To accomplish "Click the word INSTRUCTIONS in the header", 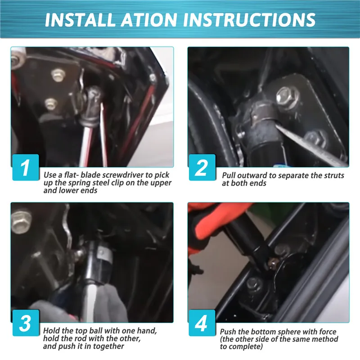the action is click(249, 19).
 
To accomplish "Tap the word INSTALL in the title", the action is click(80, 19).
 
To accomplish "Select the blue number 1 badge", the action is click(26, 167).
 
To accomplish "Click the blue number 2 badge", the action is click(202, 167).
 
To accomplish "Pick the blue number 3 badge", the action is click(26, 323).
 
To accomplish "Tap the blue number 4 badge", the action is click(202, 323).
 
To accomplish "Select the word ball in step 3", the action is click(97, 331).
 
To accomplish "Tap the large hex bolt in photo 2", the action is click(288, 96).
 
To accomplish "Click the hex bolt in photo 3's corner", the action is click(21, 221).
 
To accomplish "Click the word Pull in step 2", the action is click(229, 175).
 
